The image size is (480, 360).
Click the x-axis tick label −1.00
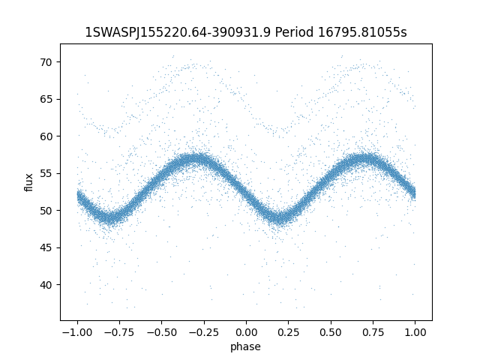(76, 332)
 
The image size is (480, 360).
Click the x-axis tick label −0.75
(118, 332)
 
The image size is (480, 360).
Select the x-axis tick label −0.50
(161, 332)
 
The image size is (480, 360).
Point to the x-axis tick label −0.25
(203, 332)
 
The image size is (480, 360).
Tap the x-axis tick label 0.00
(246, 332)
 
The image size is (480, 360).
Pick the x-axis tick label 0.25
(289, 332)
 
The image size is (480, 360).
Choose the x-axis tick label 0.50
(331, 332)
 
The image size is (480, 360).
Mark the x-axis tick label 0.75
(373, 332)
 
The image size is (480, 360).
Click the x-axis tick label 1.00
(415, 332)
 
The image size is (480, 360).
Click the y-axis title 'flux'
(29, 182)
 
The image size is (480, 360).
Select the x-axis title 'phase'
(246, 346)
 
